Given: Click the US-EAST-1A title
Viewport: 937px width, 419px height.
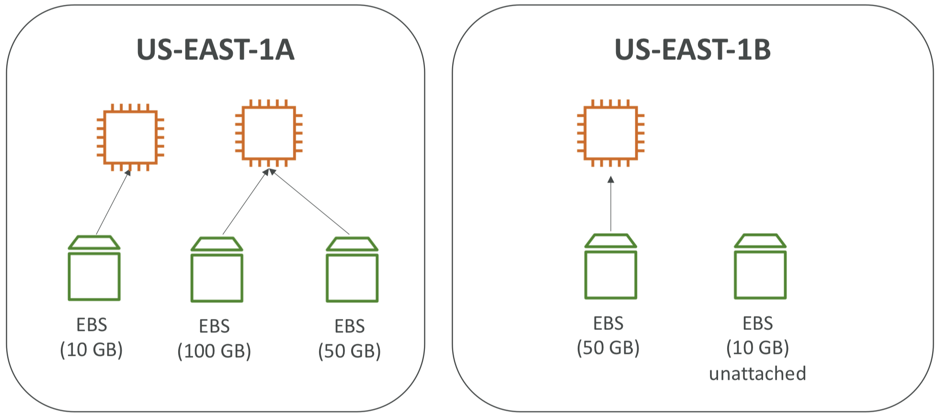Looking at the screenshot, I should click(x=215, y=50).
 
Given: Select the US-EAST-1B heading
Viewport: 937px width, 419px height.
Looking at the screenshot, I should click(x=692, y=50).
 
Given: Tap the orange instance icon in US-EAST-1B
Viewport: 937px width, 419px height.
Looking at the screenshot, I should click(x=610, y=133).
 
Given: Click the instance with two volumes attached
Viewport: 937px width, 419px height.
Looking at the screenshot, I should click(x=268, y=133).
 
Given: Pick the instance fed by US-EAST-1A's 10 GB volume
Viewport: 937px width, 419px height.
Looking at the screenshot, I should click(x=130, y=137).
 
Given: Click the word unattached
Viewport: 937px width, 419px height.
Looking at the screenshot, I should click(x=757, y=374).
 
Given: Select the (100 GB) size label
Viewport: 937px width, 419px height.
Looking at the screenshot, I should click(x=214, y=351).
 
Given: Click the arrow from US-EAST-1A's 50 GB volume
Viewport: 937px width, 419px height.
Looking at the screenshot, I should click(x=310, y=202).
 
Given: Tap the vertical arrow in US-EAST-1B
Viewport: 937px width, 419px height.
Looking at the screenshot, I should click(x=611, y=204).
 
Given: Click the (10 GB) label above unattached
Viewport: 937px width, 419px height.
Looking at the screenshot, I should click(x=757, y=348).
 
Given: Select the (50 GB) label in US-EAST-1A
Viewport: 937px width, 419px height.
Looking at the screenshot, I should click(x=350, y=351).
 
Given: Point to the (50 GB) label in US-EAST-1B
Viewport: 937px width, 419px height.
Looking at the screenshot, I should click(x=608, y=348).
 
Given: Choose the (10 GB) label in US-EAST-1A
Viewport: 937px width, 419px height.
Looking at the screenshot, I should click(x=91, y=350).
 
